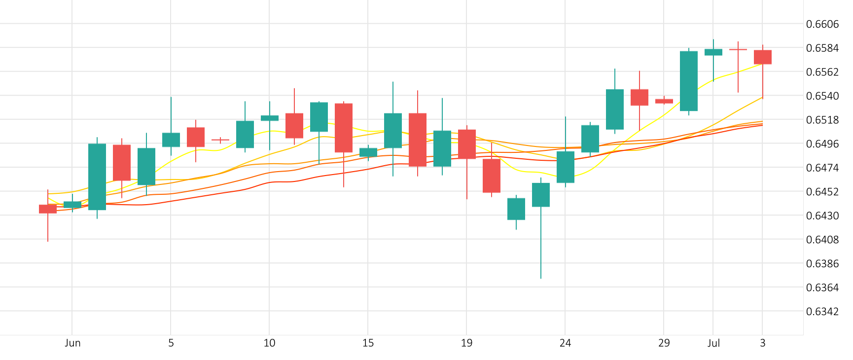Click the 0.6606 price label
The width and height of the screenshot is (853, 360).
[822, 24]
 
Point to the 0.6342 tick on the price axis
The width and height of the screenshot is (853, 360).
[822, 311]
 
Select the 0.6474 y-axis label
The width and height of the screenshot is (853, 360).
[822, 168]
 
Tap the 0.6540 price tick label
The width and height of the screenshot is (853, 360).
[822, 96]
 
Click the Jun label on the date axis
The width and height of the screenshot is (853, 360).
[72, 343]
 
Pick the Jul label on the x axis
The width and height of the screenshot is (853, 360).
[713, 343]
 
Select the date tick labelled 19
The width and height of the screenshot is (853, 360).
[466, 343]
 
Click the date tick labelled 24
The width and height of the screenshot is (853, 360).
[565, 343]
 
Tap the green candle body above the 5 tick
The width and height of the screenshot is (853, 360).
[171, 140]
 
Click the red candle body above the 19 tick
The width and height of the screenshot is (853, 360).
[467, 144]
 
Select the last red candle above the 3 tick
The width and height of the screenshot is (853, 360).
[763, 57]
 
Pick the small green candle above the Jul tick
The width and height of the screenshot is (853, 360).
[713, 52]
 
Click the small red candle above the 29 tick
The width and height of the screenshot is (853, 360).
[664, 101]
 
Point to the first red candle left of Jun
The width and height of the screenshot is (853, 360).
[48, 209]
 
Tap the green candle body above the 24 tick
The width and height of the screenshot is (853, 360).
[566, 167]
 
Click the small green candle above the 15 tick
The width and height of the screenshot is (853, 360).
[368, 152]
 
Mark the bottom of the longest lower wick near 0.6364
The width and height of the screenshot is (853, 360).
[541, 278]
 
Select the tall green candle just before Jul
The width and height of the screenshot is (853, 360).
[689, 81]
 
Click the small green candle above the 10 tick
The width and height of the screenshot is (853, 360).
[270, 118]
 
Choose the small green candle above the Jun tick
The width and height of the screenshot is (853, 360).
[72, 204]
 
